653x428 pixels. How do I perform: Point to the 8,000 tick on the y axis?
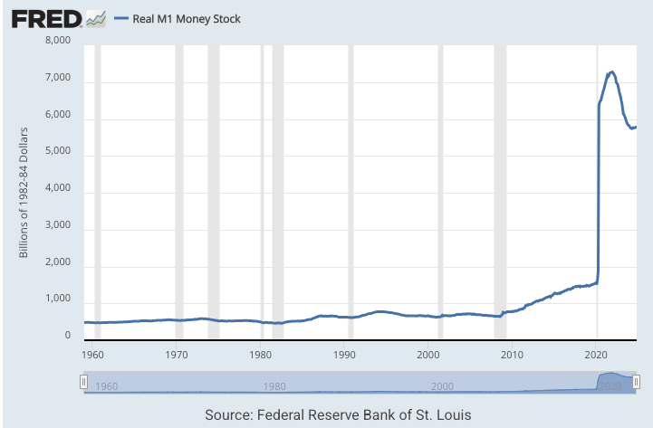[58, 41]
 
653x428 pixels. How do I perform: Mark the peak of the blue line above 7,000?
[612, 71]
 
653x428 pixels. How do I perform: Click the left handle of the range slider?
[83, 383]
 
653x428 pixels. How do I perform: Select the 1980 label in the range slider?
[274, 386]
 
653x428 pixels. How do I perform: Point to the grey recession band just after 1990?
[351, 190]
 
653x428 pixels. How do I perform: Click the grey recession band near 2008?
[499, 190]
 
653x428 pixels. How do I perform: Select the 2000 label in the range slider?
[441, 386]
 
